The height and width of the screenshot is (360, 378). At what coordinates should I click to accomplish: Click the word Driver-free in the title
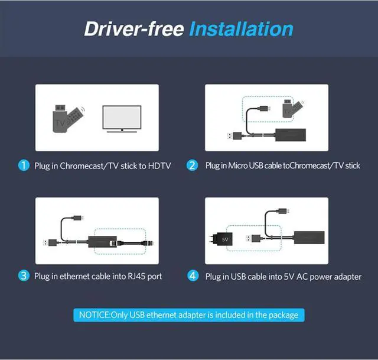pyautogui.click(x=134, y=29)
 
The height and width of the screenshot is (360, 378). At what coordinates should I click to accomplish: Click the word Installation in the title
pyautogui.click(x=241, y=29)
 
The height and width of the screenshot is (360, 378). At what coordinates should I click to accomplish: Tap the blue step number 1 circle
pyautogui.click(x=23, y=166)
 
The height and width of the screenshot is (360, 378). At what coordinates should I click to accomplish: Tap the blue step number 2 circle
pyautogui.click(x=192, y=166)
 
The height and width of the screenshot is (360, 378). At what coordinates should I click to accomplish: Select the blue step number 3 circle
pyautogui.click(x=23, y=275)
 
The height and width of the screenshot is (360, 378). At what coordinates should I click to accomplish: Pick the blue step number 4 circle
pyautogui.click(x=192, y=275)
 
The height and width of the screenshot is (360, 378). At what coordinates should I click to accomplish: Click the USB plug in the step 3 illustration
pyautogui.click(x=48, y=242)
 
